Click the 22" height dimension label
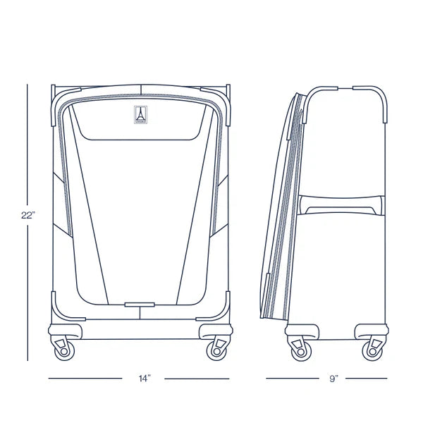pyautogui.click(x=28, y=215)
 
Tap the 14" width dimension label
pyautogui.click(x=145, y=379)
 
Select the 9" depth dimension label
pyautogui.click(x=333, y=379)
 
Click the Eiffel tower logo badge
pyautogui.click(x=140, y=115)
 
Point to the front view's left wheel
pyautogui.click(x=64, y=351)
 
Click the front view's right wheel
pyautogui.click(x=216, y=351)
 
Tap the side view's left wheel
pyautogui.click(x=301, y=352)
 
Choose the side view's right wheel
pyautogui.click(x=372, y=351)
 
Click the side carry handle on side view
pyautogui.click(x=341, y=206)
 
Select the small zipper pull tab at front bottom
pyautogui.click(x=140, y=305)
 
